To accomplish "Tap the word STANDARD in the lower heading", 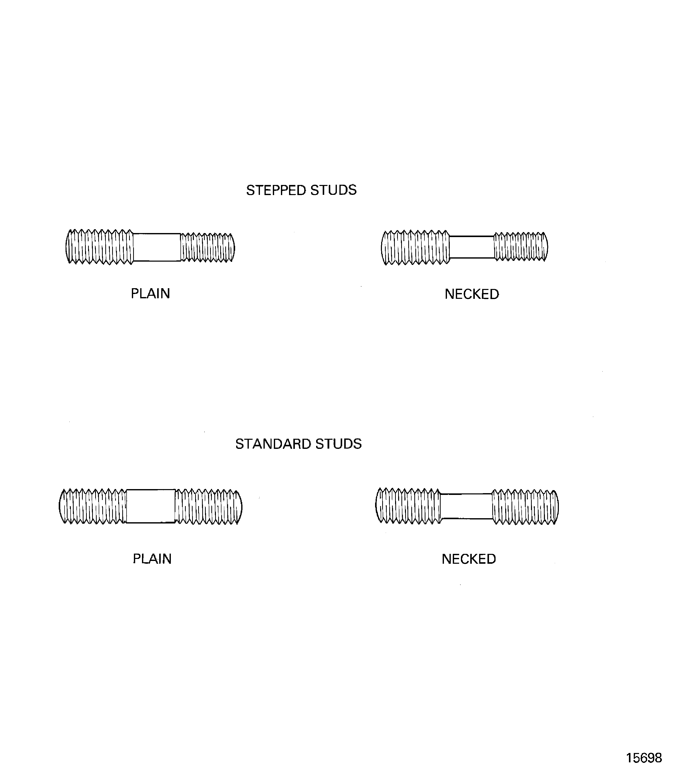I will point(273,444).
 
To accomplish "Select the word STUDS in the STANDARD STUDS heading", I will point(338,444).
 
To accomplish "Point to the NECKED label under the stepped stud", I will point(472,294).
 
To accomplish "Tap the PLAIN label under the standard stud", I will point(152,559).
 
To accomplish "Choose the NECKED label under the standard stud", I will point(469,559).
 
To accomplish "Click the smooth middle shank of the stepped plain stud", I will point(157,247).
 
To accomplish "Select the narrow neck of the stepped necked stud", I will point(472,247).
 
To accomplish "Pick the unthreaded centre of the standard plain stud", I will point(151,506).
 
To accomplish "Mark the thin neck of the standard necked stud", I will point(466,506).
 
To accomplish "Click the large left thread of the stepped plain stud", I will point(100,247).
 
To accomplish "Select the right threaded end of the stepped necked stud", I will point(521,247).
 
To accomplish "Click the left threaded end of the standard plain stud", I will point(93,506).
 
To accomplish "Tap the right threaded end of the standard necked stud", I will point(525,506).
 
